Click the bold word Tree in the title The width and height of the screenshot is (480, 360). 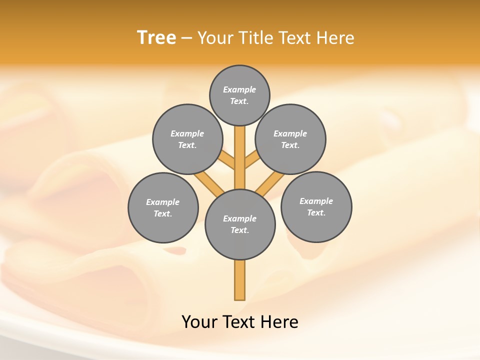click(x=156, y=38)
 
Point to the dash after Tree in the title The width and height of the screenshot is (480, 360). click(x=186, y=38)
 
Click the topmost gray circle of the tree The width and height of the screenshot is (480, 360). click(x=239, y=95)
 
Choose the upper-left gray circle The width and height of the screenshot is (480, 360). click(x=187, y=139)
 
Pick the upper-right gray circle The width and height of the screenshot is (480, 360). click(x=290, y=139)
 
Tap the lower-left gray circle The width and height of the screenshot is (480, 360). click(x=163, y=207)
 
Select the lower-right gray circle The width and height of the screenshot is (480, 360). click(x=316, y=206)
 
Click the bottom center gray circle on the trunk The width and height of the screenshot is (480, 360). click(x=240, y=224)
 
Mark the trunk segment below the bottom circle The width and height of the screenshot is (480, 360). click(x=240, y=280)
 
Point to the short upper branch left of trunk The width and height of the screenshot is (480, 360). click(x=227, y=161)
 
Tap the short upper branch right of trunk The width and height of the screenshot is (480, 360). click(x=252, y=161)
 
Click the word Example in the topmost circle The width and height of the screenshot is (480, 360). click(x=239, y=89)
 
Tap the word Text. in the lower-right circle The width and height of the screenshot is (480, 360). click(x=316, y=212)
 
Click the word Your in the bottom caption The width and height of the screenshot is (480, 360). click(x=199, y=322)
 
